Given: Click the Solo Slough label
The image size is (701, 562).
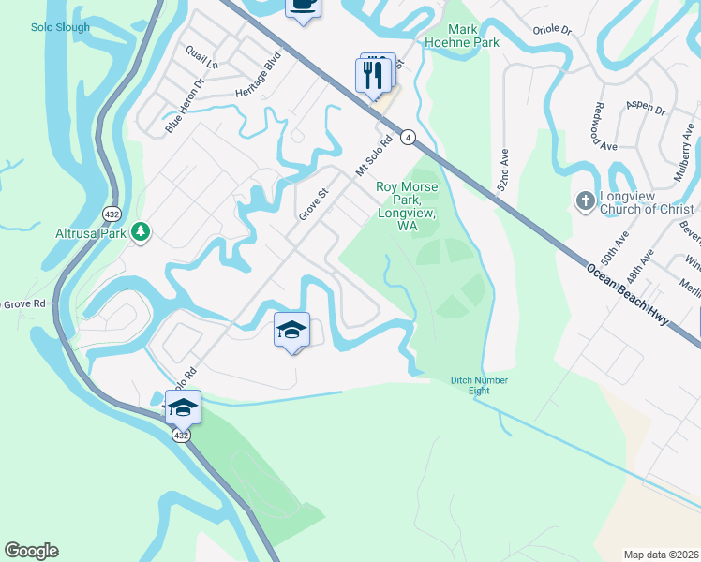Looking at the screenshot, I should point(59,27).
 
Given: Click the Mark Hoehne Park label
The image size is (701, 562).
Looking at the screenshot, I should point(473,36).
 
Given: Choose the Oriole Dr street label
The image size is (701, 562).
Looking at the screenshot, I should point(553,30).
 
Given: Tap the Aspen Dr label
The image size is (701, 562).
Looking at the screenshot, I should point(647,109).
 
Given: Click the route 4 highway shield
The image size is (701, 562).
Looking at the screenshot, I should point(408,138).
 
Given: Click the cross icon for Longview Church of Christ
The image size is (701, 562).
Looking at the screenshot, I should point(585,200).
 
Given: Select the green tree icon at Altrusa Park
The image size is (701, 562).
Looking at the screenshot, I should point(141,230).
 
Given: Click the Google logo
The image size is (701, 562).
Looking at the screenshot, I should point(31,551).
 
